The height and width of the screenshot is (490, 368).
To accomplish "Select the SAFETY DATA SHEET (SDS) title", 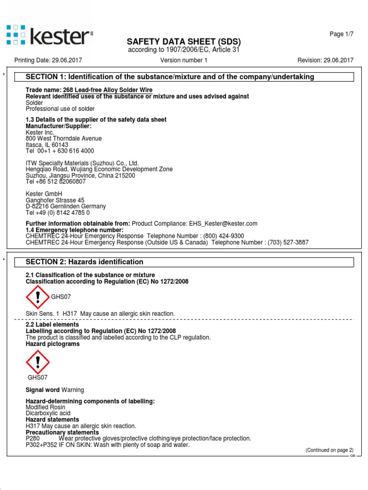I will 184,41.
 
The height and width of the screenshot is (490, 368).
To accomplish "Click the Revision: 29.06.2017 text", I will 325,60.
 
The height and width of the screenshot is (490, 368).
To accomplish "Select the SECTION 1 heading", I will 170,77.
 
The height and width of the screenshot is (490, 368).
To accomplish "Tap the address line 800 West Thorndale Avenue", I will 63,139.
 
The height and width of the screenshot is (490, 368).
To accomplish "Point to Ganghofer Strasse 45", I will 55,200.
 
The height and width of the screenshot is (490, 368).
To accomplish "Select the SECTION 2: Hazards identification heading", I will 84,262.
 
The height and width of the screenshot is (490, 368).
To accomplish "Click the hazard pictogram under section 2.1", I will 37,296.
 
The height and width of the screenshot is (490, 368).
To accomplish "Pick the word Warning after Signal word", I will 72,390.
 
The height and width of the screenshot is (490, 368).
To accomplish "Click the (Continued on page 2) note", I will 329,450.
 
